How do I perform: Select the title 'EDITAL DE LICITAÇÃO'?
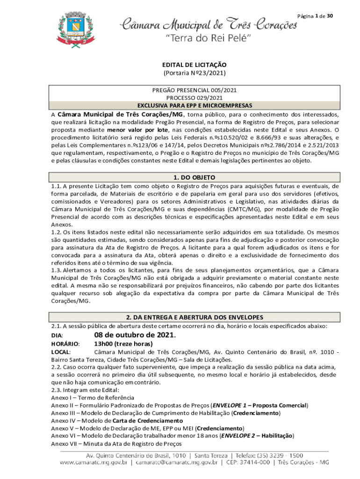click(194, 65)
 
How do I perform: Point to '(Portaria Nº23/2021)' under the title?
click(194, 73)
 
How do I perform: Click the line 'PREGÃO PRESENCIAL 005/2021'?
click(194, 90)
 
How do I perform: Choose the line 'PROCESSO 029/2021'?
click(194, 98)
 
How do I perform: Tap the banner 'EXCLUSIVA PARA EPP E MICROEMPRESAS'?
click(194, 105)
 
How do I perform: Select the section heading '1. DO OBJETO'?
click(194, 177)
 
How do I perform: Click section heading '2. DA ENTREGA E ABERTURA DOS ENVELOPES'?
click(194, 317)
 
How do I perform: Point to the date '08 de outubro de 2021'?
click(134, 335)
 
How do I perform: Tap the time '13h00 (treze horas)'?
click(123, 344)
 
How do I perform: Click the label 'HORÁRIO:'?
click(65, 344)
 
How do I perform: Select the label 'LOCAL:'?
click(61, 352)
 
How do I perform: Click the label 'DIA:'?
click(57, 336)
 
